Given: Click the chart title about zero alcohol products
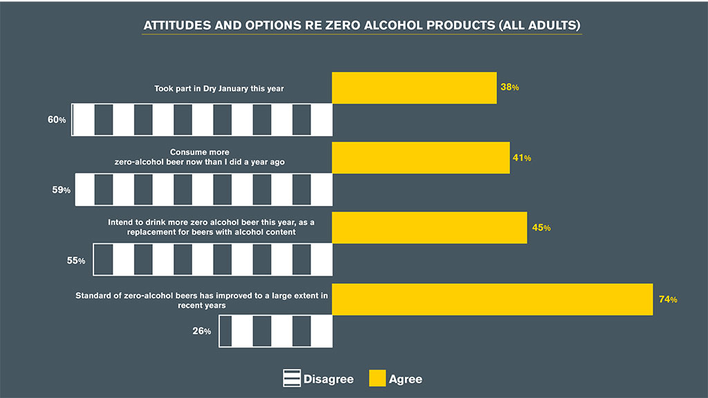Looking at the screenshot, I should coord(362,26).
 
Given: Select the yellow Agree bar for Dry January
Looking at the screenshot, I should coord(414,88).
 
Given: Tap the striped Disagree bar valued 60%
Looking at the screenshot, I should coord(202,120).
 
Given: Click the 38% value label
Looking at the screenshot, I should coord(510,88).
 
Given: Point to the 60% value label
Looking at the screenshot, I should coord(57,120).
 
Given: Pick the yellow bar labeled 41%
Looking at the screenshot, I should coord(420,158).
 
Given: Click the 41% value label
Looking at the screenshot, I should coord(522,158).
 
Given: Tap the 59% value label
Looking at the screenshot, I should coord(62,189).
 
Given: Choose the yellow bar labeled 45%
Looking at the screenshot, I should coord(429,227).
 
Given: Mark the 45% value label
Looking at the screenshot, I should coord(541,227).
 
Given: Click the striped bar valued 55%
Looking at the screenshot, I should coord(212,260).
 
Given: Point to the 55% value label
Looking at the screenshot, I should coord(76,260).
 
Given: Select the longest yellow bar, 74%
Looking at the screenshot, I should coord(492,298).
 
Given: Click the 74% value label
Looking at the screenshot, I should coord(668,299).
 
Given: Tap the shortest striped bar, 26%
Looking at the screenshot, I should coord(275,331).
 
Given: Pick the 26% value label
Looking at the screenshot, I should coord(202,331).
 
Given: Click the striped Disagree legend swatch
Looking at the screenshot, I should coord(291,379).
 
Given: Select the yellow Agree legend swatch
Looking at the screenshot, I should coord(377,379).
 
